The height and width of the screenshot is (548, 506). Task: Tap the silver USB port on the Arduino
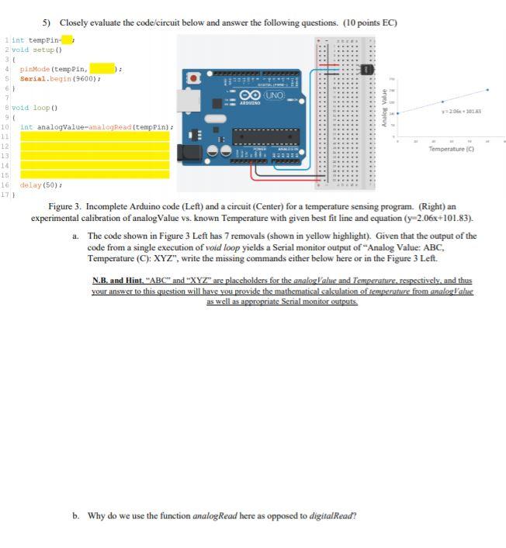pos(186,100)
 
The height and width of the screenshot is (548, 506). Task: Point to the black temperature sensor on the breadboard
pos(369,71)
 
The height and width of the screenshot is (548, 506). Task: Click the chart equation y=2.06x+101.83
pos(460,112)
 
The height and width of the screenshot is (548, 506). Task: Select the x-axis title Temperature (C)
pos(451,149)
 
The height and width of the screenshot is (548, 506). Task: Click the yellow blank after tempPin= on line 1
pos(67,40)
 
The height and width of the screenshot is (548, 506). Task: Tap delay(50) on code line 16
pos(36,185)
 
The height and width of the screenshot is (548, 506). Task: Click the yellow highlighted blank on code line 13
pos(94,156)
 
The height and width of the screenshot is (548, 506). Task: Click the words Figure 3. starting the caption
pos(65,207)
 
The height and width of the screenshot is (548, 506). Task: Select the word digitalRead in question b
pos(333,515)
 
